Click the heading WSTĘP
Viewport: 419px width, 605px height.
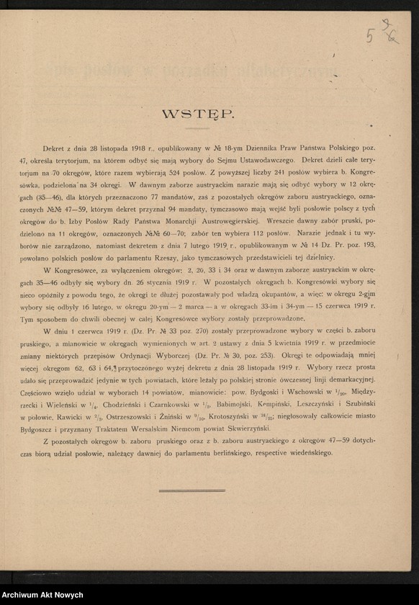click(197, 114)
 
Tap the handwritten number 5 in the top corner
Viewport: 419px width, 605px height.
click(369, 37)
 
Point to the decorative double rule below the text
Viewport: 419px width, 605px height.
click(192, 491)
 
